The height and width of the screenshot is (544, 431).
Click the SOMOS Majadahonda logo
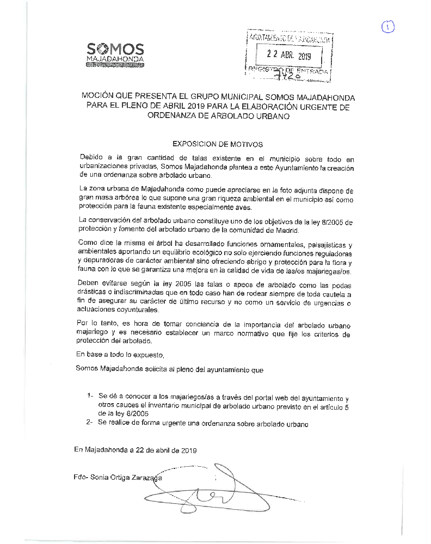click(115, 54)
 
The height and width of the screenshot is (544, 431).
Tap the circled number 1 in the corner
click(387, 26)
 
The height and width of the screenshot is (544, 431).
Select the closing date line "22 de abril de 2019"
click(163, 450)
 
